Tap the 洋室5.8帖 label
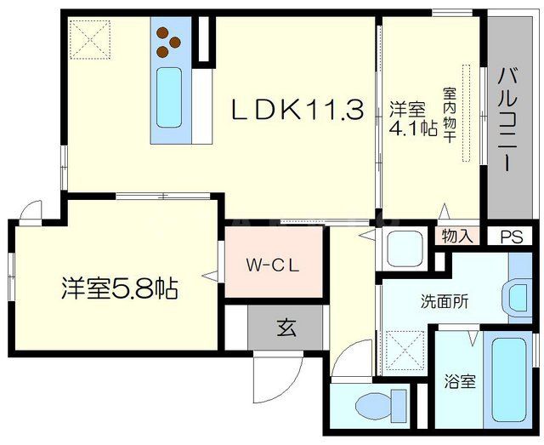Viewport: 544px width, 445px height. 118,288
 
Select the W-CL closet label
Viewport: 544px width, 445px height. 272,264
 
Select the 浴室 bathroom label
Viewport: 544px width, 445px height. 461,382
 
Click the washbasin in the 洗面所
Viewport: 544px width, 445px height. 518,299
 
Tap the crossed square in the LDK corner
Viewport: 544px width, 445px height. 89,37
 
